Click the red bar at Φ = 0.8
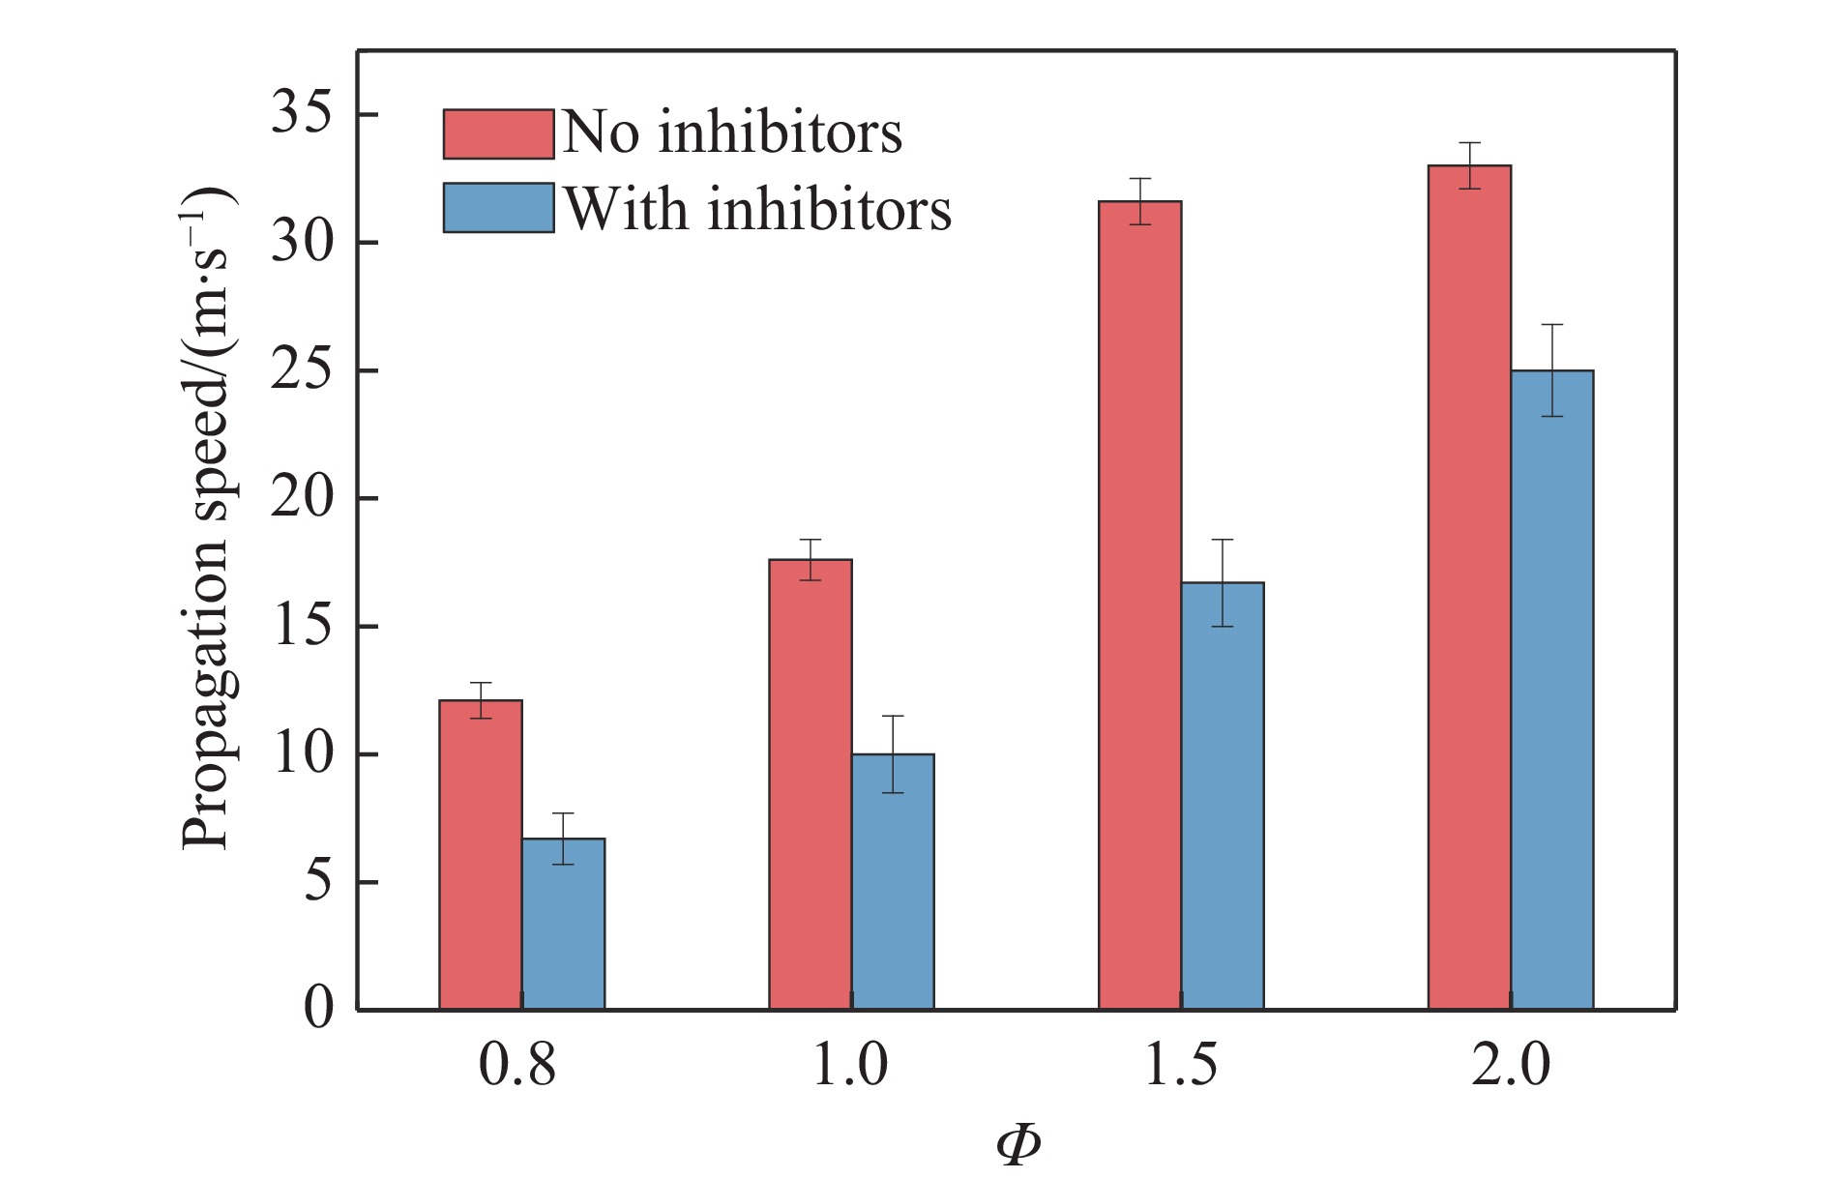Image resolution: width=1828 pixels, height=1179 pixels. [x=481, y=855]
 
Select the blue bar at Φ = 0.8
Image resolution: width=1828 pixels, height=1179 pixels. [x=564, y=924]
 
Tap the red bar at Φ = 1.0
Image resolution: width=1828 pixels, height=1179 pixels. [x=811, y=784]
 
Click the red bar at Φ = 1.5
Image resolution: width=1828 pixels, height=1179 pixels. [x=1140, y=605]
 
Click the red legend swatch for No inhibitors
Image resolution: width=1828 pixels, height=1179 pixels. [x=498, y=133]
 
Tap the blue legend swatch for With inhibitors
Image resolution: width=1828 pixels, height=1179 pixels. [x=498, y=208]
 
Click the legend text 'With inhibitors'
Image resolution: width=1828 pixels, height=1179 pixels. [x=757, y=209]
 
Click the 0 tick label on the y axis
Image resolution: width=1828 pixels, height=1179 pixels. [x=318, y=1009]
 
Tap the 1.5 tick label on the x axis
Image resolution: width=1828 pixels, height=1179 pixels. [x=1180, y=1066]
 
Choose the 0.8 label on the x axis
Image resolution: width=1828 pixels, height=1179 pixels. [x=519, y=1066]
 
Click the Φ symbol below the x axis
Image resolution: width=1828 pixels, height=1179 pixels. [x=1017, y=1145]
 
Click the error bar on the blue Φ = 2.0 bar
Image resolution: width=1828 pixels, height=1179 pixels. [x=1552, y=369]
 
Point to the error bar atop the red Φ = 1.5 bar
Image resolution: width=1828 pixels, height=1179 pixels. [x=1140, y=201]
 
